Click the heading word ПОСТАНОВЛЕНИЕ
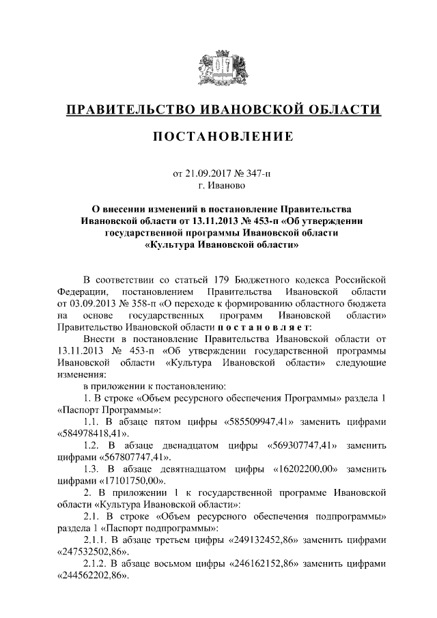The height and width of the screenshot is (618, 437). (x=218, y=137)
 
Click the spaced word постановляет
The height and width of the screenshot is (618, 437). (x=269, y=326)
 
